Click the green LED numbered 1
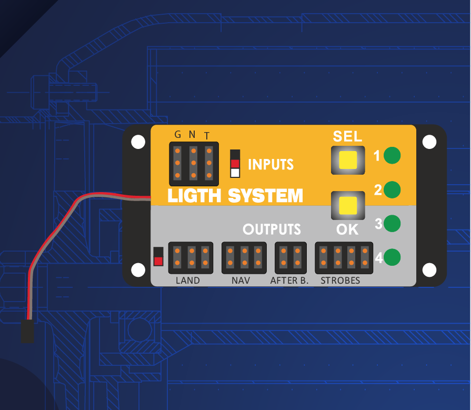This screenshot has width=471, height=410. tap(392, 156)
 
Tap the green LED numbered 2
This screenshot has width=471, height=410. tap(392, 189)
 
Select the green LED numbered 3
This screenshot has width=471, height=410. tap(392, 224)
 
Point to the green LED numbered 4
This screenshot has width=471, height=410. tap(392, 258)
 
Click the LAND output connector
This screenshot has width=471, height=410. tap(191, 258)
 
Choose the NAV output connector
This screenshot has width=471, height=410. tap(244, 258)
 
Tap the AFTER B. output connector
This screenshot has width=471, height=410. tap(290, 258)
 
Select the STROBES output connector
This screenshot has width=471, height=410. tap(344, 258)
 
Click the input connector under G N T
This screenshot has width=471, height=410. tap(193, 163)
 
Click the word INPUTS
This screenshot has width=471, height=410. tap(270, 164)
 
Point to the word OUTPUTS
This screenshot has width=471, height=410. tap(272, 229)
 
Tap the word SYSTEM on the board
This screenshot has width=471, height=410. tap(266, 196)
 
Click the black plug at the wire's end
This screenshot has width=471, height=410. tap(27, 331)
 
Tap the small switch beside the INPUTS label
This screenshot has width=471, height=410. tap(235, 164)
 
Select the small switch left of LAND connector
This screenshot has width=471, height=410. tap(158, 256)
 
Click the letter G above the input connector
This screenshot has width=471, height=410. tap(178, 134)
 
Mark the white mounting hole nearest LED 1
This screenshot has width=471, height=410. tap(429, 142)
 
